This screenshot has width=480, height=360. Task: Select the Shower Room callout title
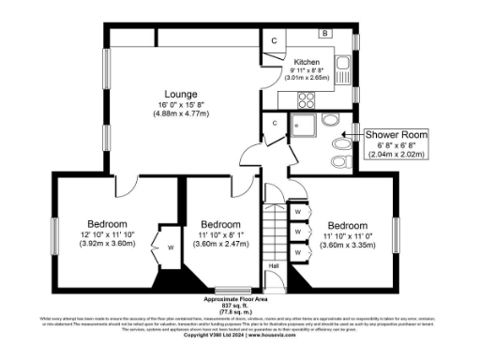point(397,136)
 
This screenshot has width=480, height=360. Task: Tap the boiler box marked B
point(324,34)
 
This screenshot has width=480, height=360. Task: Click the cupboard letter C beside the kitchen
point(274,41)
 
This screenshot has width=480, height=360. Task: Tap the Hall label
point(275,266)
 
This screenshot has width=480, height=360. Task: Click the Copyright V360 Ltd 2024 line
point(238,335)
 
